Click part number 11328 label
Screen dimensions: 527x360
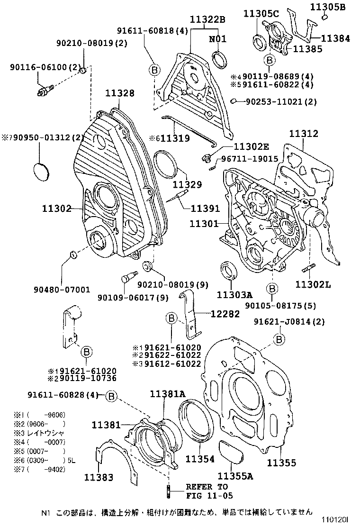tap(119, 94)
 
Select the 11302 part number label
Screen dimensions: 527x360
tap(56, 208)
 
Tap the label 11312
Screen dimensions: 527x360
tap(304, 134)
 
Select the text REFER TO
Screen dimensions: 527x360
tap(207, 487)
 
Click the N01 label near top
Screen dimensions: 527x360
tap(218, 39)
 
